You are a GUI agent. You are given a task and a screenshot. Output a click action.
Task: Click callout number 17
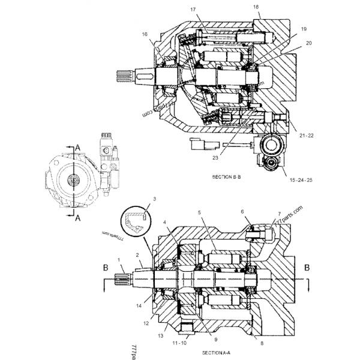pos(193,9)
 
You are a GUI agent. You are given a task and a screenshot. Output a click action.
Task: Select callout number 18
pos(256,7)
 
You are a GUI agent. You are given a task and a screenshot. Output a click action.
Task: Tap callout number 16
pos(144,35)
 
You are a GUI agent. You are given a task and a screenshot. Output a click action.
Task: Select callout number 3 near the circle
pos(154,199)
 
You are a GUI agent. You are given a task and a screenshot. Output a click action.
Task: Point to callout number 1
pos(119,259)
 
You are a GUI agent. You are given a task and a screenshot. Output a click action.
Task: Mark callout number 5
pos(200,213)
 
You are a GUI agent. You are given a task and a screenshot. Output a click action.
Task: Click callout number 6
pos(243,212)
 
